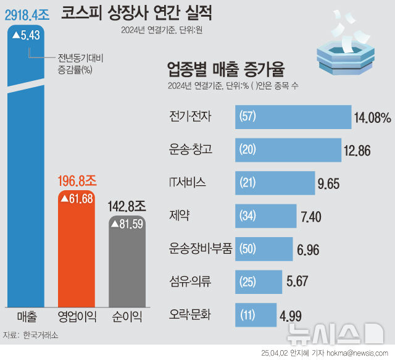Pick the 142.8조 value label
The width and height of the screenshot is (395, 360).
click(127, 204)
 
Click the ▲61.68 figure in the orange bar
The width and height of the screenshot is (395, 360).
click(77, 199)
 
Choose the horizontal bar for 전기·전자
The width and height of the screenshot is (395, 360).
click(293, 117)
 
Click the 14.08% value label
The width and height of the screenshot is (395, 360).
click(372, 117)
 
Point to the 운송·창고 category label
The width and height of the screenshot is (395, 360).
click(191, 149)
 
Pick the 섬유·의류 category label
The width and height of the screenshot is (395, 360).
click(191, 282)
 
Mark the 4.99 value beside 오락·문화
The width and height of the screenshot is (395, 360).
click(290, 316)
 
